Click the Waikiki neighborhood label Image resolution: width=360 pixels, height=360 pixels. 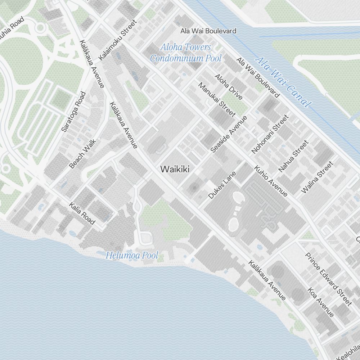pos(175,169)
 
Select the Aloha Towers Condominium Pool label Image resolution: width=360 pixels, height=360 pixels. pos(186,53)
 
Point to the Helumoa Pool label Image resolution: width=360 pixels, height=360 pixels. pos(132,256)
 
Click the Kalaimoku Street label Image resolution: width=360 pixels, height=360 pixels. pos(118,40)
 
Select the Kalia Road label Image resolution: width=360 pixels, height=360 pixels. pos(82,213)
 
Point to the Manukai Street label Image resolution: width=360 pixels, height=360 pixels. pos(217,100)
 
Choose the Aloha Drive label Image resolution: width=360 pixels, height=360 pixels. pos(229,86)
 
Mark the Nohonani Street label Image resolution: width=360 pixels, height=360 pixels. pos(270,134)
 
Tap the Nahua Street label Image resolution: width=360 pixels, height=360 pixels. pos(293,156)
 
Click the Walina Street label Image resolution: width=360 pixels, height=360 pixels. pos(317,177)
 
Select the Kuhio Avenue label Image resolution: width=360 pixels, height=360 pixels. pos(271,181)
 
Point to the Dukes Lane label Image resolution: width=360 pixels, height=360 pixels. pos(222,185)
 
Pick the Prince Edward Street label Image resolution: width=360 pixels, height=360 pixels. pos(328,279)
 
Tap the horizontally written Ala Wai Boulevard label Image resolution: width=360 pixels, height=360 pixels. pos(208,31)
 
